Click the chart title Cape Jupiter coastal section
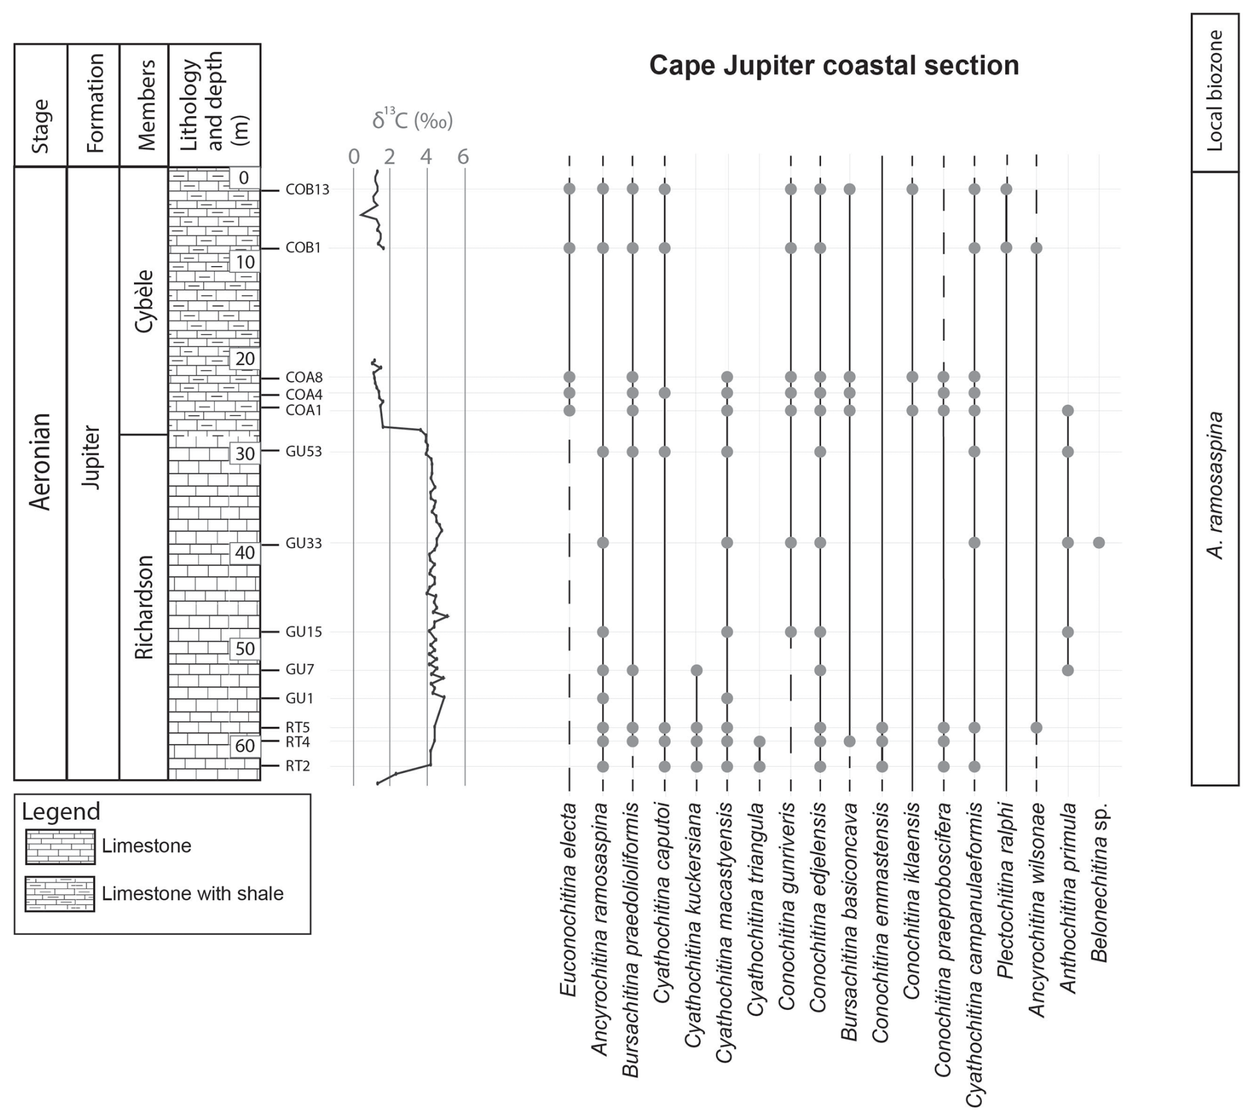pos(833,66)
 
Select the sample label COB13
pos(307,190)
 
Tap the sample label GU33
pos(304,543)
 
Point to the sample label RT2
pos(298,766)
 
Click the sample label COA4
pos(304,394)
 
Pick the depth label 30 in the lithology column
pos(245,454)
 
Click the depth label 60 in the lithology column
pos(245,746)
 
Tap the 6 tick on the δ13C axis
pos(463,157)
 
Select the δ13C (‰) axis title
pos(412,120)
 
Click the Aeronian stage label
pos(40,461)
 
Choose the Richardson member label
pos(144,607)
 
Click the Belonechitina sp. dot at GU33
pos(1098,543)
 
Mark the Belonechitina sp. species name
pos(1099,882)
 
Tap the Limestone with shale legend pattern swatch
pos(60,894)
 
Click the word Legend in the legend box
pos(61,811)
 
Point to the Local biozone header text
pos(1214,91)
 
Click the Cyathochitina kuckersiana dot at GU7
pos(696,670)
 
